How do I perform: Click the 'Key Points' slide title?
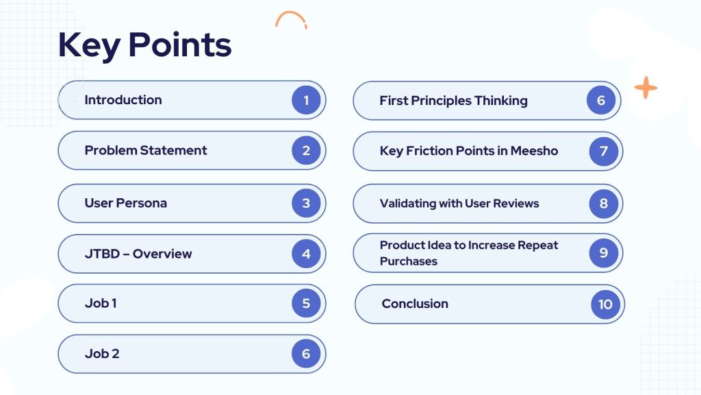[145, 45]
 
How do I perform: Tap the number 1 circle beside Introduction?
[306, 100]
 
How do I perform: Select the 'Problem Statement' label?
[146, 150]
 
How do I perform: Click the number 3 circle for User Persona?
[306, 203]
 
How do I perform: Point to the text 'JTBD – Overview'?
[138, 254]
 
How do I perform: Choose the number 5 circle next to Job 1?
[306, 303]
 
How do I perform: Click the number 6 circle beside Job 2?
[306, 353]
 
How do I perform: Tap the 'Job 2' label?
[102, 353]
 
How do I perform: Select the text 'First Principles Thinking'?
[453, 101]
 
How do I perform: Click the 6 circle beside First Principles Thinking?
[601, 100]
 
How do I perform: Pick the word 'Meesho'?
[534, 151]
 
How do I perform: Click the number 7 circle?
[604, 151]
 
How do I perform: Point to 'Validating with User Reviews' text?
[459, 203]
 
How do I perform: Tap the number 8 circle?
[604, 203]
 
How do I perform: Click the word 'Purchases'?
[409, 261]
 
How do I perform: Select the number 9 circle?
[604, 253]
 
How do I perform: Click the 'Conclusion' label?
[415, 304]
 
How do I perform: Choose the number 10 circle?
[605, 304]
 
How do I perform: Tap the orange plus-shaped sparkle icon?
[646, 87]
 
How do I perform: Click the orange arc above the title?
[291, 13]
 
